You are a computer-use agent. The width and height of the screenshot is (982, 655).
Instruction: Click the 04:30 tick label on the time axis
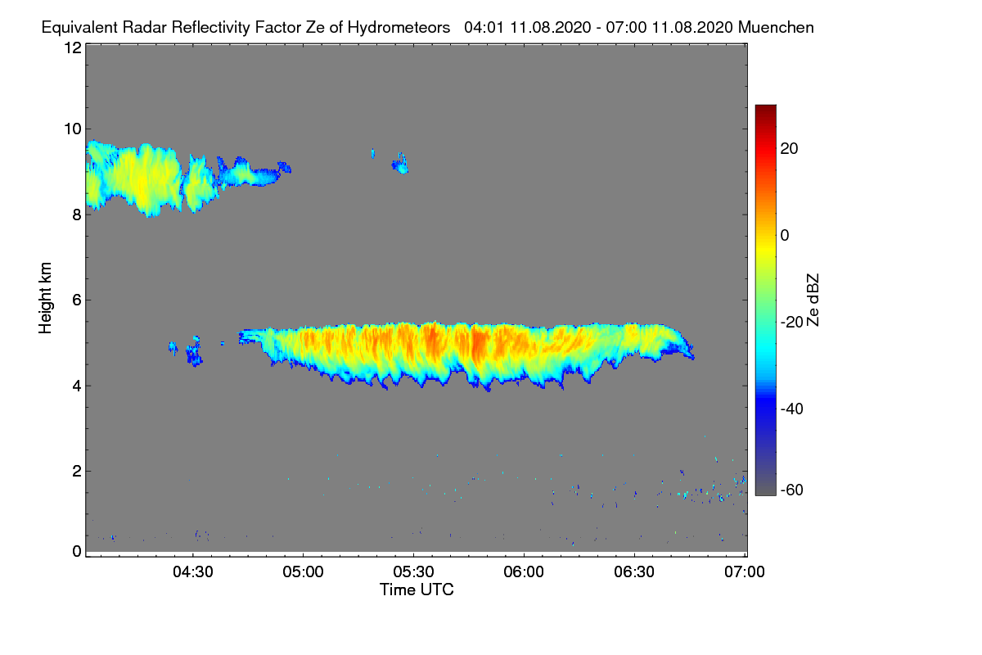click(x=192, y=572)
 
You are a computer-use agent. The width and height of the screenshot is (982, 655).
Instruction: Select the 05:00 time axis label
click(x=303, y=572)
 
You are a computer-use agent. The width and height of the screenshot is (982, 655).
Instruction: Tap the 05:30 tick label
click(x=413, y=572)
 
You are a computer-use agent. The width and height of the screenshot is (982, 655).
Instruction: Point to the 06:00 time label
click(x=524, y=572)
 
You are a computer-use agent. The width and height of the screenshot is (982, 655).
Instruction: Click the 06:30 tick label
click(x=634, y=572)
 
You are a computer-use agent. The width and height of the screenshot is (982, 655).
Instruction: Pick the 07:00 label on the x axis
click(x=744, y=572)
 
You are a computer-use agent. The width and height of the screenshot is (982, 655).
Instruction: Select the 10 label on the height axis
click(x=72, y=129)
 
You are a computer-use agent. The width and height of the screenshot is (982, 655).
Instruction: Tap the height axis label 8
click(x=76, y=215)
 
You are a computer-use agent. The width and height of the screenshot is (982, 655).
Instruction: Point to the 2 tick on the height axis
click(x=76, y=471)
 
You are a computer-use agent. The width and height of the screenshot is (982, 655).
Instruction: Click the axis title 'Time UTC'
click(x=417, y=589)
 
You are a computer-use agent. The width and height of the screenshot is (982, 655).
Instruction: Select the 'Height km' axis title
click(x=46, y=298)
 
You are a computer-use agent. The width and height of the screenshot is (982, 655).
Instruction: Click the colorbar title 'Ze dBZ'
click(x=813, y=298)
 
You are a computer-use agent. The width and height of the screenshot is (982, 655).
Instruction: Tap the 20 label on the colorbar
click(x=791, y=148)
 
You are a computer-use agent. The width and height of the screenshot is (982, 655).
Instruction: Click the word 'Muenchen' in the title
click(x=776, y=27)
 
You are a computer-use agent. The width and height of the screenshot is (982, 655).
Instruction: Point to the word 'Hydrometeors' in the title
click(x=399, y=27)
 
